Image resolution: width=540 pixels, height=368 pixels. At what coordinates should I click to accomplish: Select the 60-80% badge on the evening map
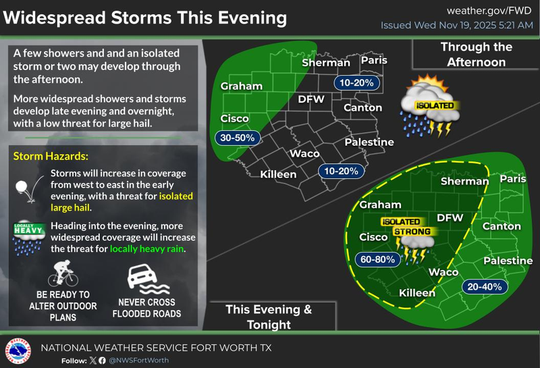click(x=375, y=259)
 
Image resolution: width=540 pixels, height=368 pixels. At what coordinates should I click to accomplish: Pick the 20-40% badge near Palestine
click(x=483, y=287)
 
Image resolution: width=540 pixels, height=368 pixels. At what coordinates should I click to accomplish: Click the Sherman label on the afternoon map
click(x=326, y=63)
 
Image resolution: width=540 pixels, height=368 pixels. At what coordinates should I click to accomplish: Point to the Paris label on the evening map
click(x=513, y=179)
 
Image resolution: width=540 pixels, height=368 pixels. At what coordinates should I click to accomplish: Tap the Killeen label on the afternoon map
click(x=279, y=174)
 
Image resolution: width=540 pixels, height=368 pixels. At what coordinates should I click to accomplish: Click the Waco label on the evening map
click(x=443, y=272)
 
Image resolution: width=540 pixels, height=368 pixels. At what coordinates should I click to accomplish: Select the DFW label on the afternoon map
click(x=311, y=99)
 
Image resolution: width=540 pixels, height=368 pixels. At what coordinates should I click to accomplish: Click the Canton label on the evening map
click(x=502, y=226)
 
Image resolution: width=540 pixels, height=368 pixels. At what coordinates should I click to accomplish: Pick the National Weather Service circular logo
click(x=18, y=351)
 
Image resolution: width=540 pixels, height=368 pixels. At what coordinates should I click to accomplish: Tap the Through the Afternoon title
click(x=476, y=55)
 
